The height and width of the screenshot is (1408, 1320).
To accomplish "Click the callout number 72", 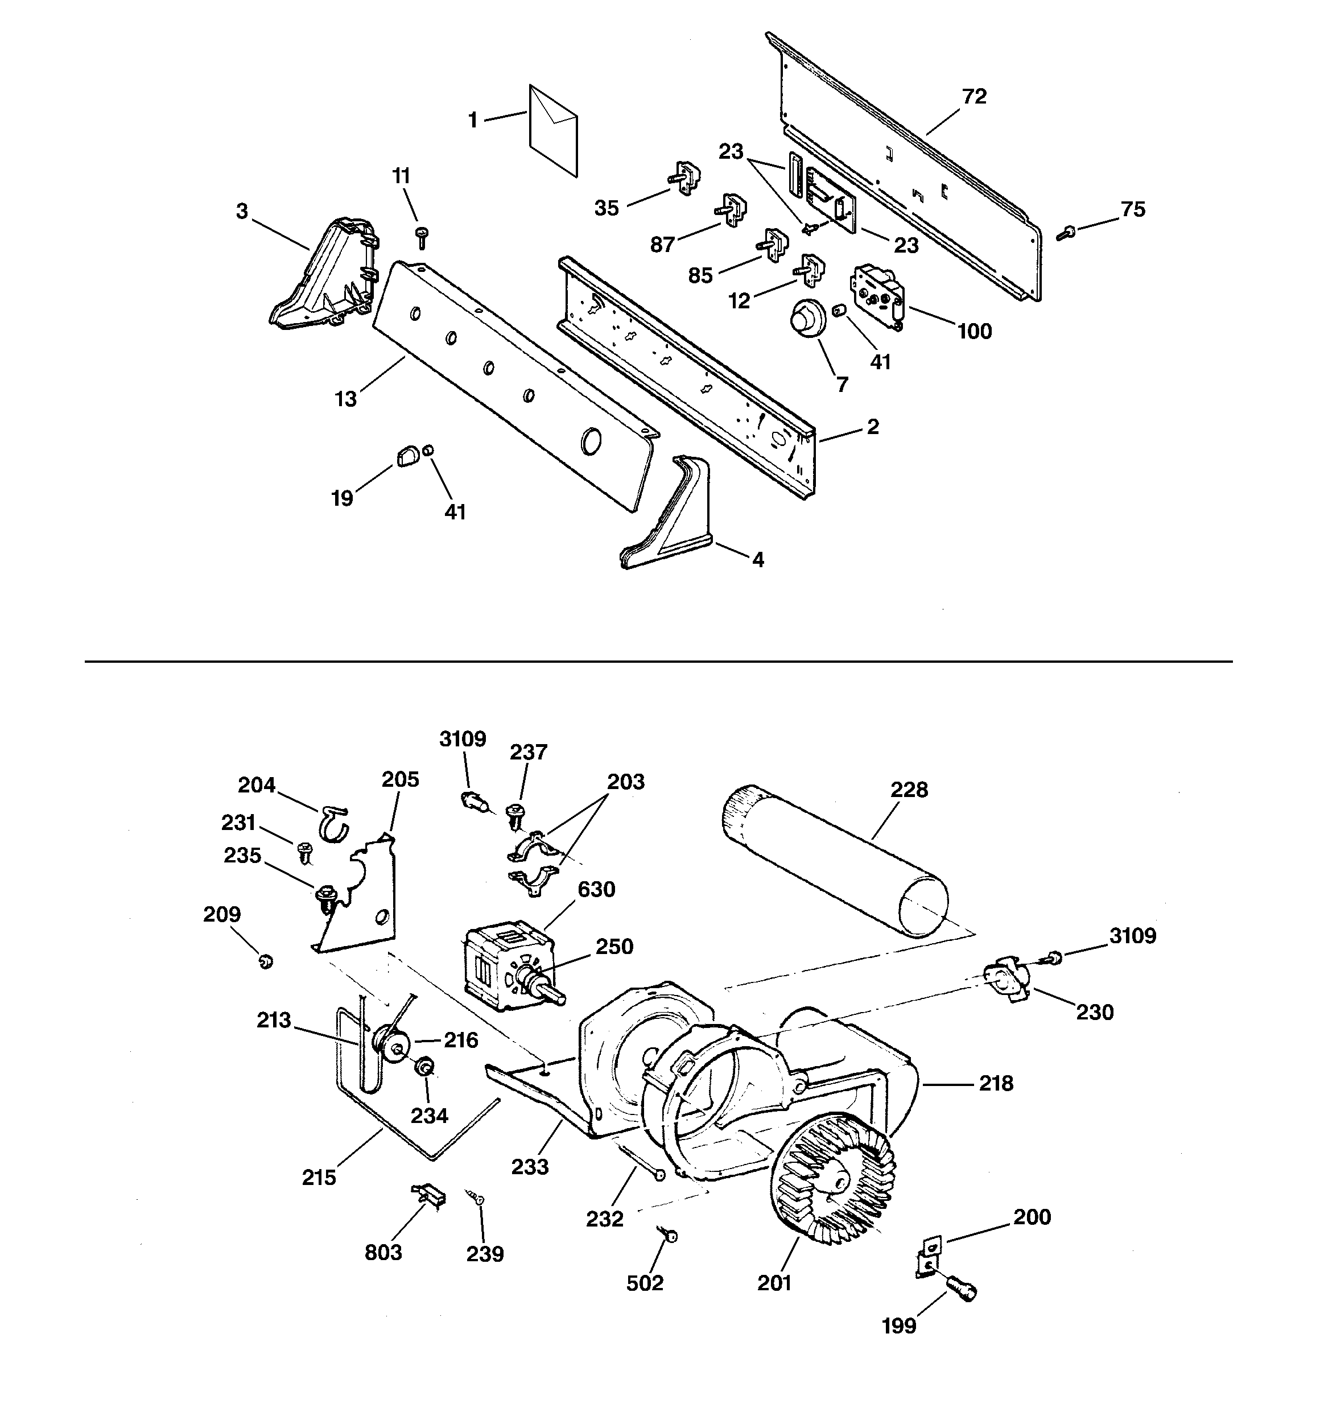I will point(974,96).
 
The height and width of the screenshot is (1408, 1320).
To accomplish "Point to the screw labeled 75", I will point(1066,232).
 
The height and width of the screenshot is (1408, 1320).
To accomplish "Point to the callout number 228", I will point(909,790).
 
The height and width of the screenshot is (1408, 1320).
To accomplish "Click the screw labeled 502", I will point(670,1235).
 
